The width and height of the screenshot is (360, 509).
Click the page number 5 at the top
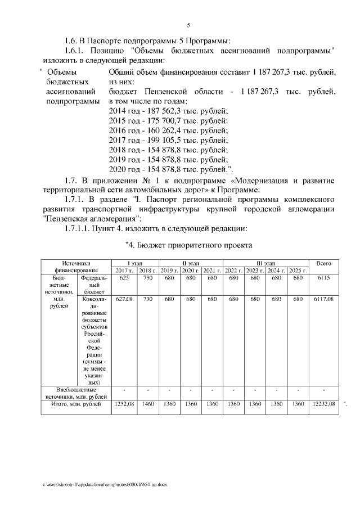click(189, 25)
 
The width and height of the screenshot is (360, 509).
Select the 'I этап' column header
click(135, 263)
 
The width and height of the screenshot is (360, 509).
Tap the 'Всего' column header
click(323, 263)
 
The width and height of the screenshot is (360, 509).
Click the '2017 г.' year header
click(124, 271)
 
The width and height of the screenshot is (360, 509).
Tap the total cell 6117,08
click(323, 300)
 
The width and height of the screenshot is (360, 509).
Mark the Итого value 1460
click(148, 404)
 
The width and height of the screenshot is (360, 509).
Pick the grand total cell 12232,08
click(323, 404)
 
